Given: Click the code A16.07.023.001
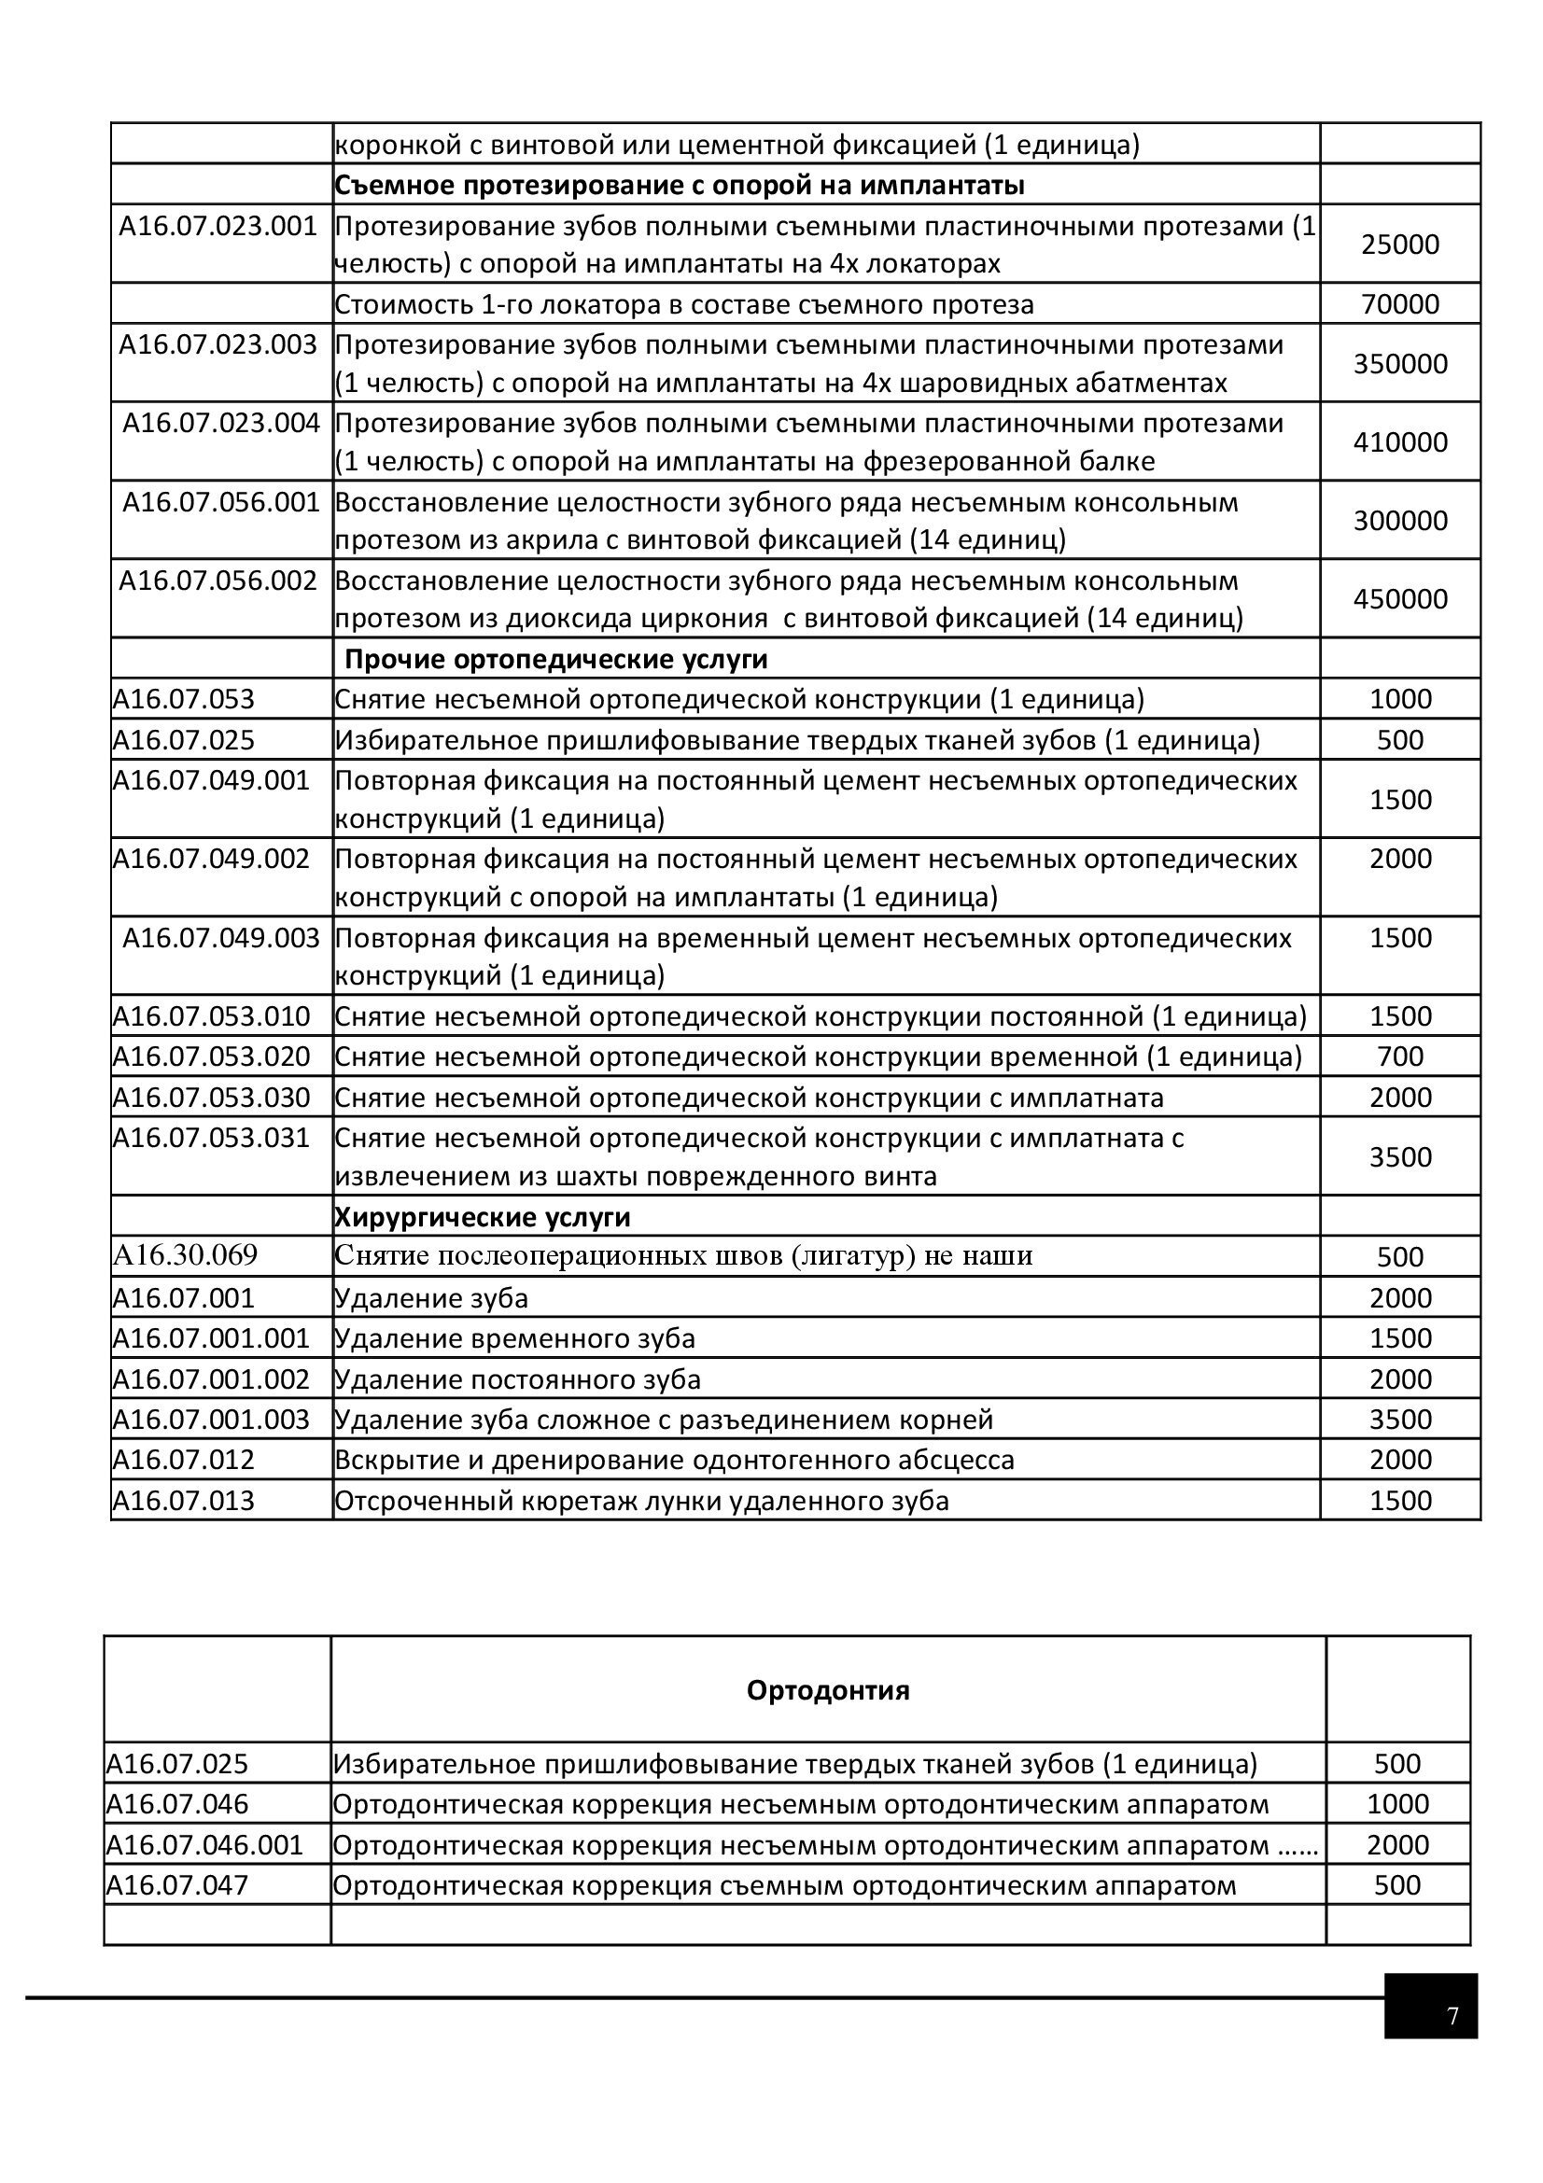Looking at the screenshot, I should click(217, 226).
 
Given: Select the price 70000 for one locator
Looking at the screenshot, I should click(1399, 304).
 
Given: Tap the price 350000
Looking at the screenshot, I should click(1399, 363).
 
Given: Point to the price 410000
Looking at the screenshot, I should click(1399, 442).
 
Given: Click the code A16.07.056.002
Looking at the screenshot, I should click(217, 580).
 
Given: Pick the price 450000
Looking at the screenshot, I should click(1399, 599).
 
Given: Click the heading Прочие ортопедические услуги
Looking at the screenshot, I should click(555, 659).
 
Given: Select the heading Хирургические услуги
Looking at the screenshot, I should click(482, 1217).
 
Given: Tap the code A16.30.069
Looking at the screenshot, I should click(186, 1256).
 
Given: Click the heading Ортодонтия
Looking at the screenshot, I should click(827, 1690).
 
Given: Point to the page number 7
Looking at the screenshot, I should click(1452, 2017).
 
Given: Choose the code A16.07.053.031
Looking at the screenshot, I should click(211, 1138).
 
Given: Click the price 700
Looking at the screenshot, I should click(1399, 1057).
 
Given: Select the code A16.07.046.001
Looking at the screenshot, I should click(204, 1845).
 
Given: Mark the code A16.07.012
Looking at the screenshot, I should click(184, 1460).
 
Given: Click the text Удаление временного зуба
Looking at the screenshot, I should click(514, 1338).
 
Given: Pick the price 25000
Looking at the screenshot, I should click(1399, 245).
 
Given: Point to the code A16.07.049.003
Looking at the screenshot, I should click(220, 938).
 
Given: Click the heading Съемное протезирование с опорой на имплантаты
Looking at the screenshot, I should click(679, 186).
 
